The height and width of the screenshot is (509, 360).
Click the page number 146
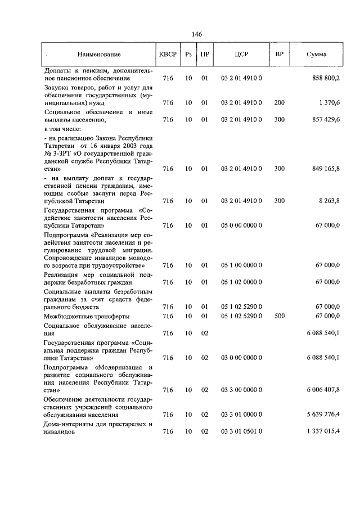pos(196,34)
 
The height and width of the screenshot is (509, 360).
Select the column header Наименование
pos(99,55)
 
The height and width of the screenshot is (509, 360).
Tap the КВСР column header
pos(168,55)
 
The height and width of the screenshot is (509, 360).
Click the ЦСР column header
pos(241,55)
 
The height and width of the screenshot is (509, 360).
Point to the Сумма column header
pos(317,55)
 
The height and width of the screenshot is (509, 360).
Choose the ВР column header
pos(279,55)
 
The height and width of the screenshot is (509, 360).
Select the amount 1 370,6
pos(328,103)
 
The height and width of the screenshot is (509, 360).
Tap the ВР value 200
pos(279,103)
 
